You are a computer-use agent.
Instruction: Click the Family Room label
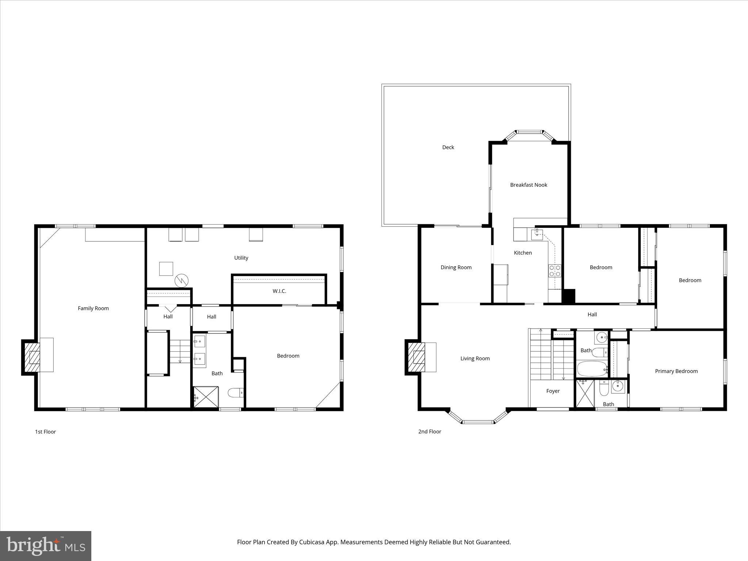click(x=93, y=308)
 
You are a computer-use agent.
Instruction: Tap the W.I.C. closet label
click(x=279, y=291)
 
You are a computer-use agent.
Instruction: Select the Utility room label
click(x=241, y=258)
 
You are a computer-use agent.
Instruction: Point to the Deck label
click(x=448, y=147)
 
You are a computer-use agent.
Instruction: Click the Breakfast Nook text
click(x=528, y=185)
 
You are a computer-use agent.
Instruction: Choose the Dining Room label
click(x=456, y=267)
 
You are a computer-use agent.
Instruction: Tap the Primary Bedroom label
click(x=676, y=371)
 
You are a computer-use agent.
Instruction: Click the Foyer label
click(x=553, y=391)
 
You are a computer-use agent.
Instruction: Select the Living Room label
click(x=475, y=358)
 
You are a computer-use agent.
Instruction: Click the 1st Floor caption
click(x=45, y=432)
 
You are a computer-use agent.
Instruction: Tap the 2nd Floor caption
click(x=430, y=431)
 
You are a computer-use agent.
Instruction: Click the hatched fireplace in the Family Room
click(x=32, y=357)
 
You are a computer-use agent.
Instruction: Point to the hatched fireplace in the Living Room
click(x=416, y=357)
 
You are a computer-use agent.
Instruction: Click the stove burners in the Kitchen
click(x=554, y=271)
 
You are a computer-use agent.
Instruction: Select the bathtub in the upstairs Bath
click(x=592, y=369)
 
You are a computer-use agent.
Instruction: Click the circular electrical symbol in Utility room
click(x=182, y=281)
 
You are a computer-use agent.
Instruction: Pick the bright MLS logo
click(x=46, y=546)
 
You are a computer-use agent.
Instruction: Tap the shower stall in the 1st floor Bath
click(x=206, y=397)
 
